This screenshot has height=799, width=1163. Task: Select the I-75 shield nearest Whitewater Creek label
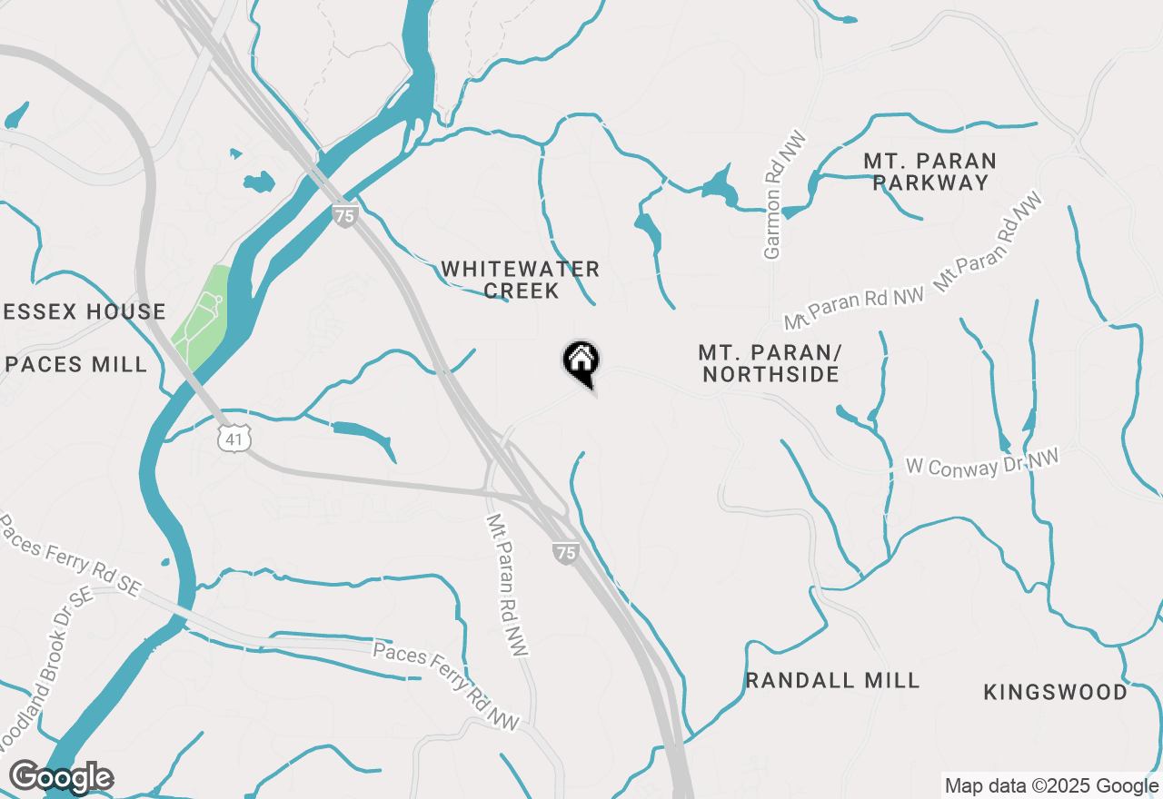pyautogui.click(x=344, y=216)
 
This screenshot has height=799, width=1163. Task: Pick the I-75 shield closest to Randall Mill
pyautogui.click(x=565, y=552)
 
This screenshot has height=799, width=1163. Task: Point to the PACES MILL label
pyautogui.click(x=76, y=365)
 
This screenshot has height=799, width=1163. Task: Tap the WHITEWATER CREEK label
pyautogui.click(x=521, y=280)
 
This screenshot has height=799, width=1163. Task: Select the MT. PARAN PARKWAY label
pyautogui.click(x=929, y=172)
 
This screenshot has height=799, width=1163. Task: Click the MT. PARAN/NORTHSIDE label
pyautogui.click(x=769, y=363)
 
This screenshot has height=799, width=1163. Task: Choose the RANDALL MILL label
pyautogui.click(x=832, y=680)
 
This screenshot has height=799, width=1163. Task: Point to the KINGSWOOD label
pyautogui.click(x=1056, y=692)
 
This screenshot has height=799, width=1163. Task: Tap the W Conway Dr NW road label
pyautogui.click(x=983, y=463)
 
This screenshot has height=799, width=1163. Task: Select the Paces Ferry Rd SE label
pyautogui.click(x=71, y=557)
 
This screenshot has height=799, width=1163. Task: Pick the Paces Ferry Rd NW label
pyautogui.click(x=446, y=686)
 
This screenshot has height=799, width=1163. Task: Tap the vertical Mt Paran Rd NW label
pyautogui.click(x=508, y=587)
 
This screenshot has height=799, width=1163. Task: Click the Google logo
pyautogui.click(x=61, y=778)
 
